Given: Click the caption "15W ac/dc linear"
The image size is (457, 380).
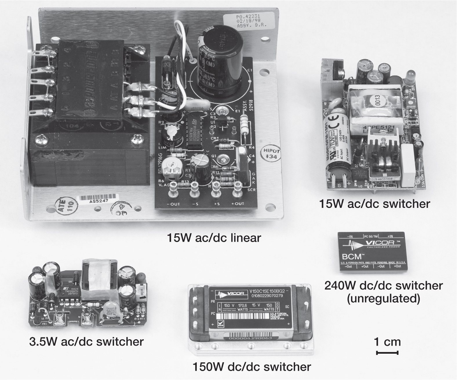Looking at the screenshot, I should pos(214,238).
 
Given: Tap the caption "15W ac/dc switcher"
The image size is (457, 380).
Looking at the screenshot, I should pos(374,204).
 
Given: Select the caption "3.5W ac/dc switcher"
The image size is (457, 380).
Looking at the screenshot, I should pos(86,342).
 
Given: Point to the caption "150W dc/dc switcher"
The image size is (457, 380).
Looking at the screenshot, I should pos(252,367).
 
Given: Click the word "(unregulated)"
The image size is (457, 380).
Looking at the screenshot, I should pos(383,298).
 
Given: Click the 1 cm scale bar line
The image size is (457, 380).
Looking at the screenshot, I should pos(387,353).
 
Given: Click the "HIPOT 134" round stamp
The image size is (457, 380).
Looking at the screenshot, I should pos(270,153).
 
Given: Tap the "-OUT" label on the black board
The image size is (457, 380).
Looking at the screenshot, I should pos(173,204).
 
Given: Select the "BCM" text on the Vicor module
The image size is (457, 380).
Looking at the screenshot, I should pos(352,256).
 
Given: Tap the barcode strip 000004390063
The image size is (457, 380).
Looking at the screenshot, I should pos(250,338).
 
